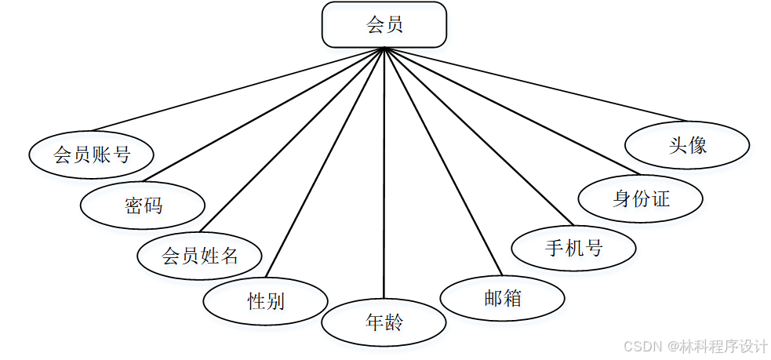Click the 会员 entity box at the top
[384, 25]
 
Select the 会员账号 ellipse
[91, 155]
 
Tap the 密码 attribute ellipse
[143, 205]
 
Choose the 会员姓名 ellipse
[199, 255]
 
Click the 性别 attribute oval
[265, 300]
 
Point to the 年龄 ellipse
[384, 322]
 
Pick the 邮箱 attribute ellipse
[502, 298]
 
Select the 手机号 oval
[573, 248]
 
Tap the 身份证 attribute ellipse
[641, 198]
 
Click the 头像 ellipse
[688, 145]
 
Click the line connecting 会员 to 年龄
[384, 173]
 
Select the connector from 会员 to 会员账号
[235, 89]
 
